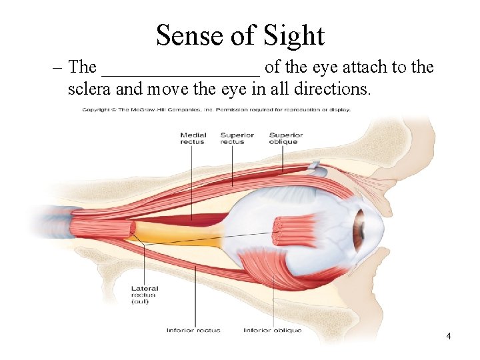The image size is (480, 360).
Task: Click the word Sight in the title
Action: [293, 35]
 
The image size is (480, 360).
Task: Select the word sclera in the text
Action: [89, 89]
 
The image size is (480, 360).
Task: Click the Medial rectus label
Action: [193, 138]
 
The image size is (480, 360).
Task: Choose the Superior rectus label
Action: [237, 138]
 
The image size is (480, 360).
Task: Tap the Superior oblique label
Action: [285, 138]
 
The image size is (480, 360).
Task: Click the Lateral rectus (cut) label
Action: [145, 295]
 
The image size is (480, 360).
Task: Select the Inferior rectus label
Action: [193, 331]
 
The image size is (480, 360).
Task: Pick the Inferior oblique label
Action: [272, 331]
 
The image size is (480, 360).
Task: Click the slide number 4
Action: [449, 336]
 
